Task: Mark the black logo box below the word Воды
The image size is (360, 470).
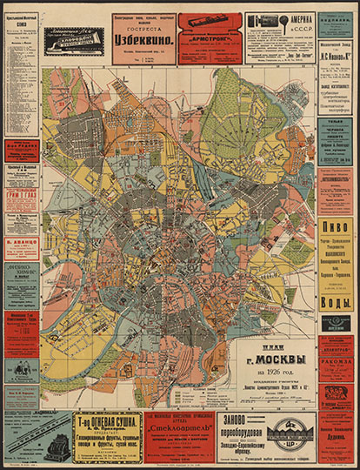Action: point(336,324)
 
